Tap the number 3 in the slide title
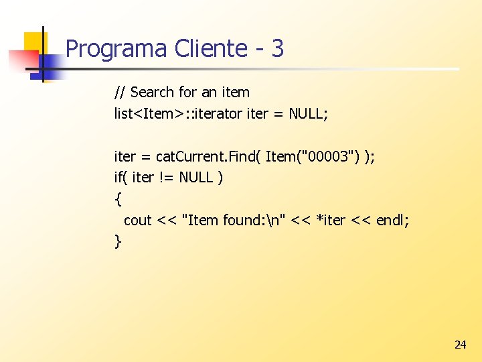[x=278, y=49]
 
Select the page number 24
[x=460, y=345]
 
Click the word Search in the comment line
[x=152, y=93]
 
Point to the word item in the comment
[x=235, y=93]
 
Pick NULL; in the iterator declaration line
[x=309, y=114]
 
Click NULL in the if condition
[x=196, y=178]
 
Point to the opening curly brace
[x=118, y=199]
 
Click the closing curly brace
[x=118, y=241]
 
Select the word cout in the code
[x=138, y=221]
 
